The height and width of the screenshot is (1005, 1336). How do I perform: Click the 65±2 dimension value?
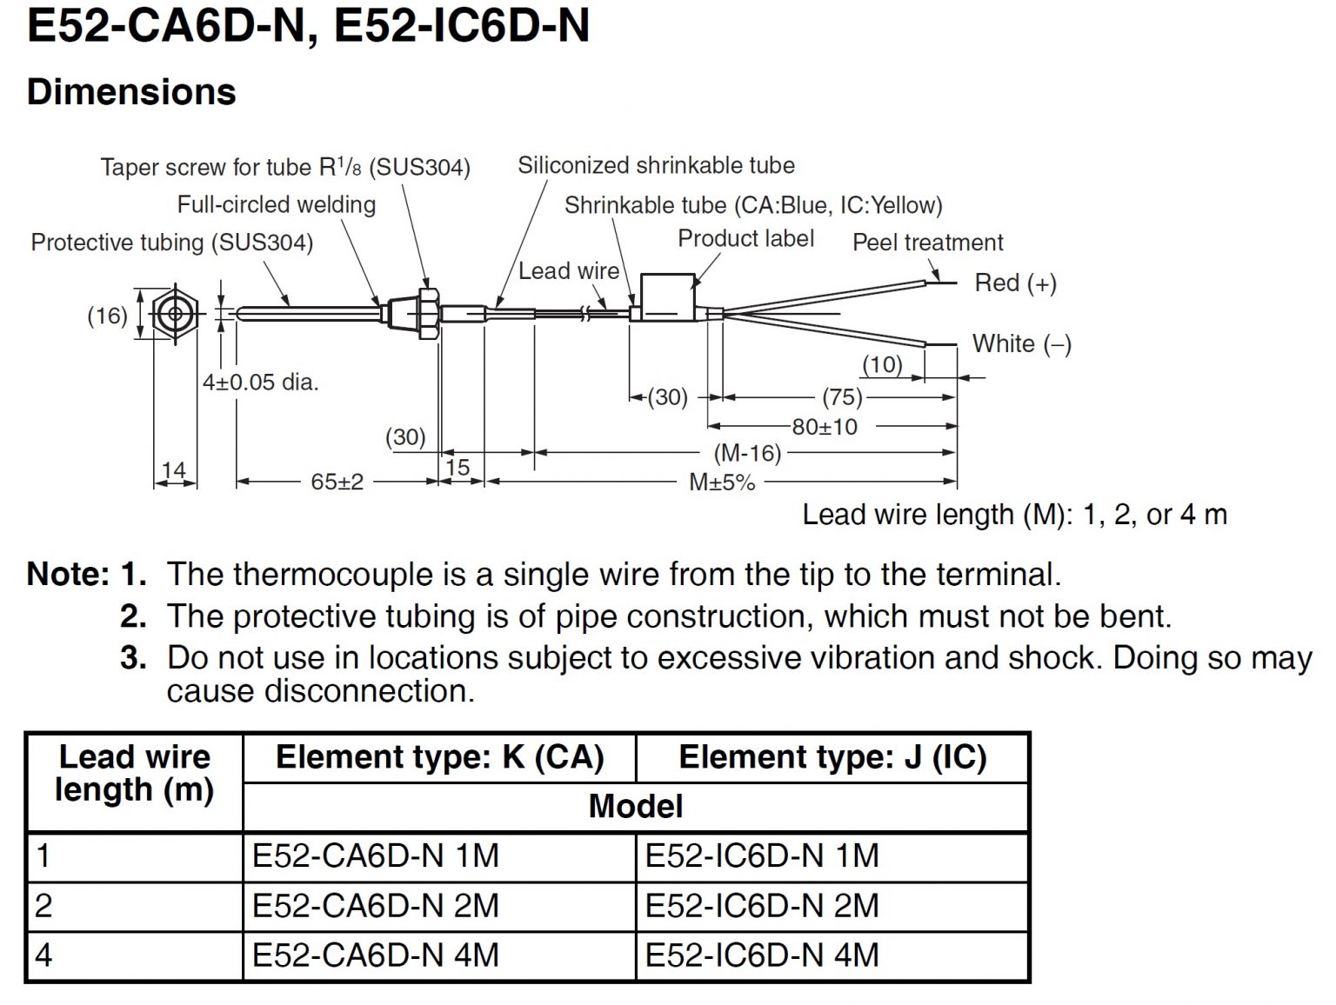point(337,482)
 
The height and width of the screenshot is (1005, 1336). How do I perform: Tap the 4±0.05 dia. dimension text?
point(260,382)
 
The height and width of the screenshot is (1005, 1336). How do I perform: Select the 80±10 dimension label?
point(824,427)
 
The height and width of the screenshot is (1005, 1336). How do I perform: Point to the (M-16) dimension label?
point(747,453)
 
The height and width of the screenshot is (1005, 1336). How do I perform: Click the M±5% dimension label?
point(722,483)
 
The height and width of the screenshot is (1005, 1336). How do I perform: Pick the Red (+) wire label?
point(1015,283)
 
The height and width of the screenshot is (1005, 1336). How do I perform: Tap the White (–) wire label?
point(1021,344)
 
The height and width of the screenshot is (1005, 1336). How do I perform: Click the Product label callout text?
point(745,239)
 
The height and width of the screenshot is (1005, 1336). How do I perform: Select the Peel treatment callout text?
point(927,243)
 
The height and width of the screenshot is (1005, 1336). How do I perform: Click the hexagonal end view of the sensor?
point(175,315)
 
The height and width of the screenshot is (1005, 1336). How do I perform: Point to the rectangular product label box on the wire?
point(668,297)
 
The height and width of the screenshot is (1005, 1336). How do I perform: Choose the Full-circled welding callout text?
point(277,205)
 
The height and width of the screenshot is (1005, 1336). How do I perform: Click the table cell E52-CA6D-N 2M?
point(376,906)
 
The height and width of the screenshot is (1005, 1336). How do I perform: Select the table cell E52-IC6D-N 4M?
point(762,955)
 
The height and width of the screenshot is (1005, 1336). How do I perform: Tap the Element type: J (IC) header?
point(832,757)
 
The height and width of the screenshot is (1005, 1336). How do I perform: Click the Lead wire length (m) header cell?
point(134,774)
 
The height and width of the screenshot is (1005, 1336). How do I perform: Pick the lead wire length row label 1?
point(43,856)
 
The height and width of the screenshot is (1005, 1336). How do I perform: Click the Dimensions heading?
point(131,92)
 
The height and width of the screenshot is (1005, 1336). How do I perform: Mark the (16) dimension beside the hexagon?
point(107,316)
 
